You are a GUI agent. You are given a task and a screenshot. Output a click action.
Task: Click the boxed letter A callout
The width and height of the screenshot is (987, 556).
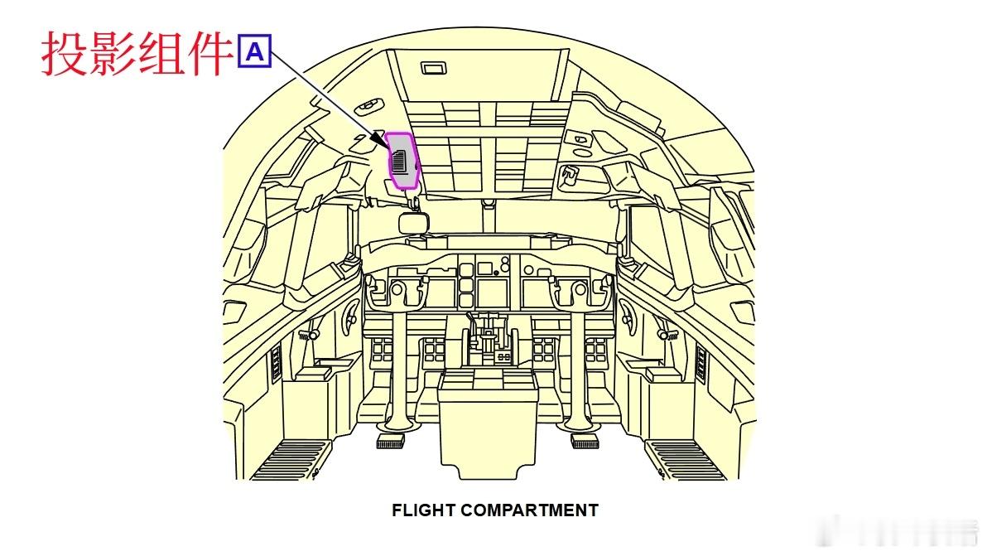coord(255,52)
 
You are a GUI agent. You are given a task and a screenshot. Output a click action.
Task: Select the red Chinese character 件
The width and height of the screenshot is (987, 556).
coord(208,54)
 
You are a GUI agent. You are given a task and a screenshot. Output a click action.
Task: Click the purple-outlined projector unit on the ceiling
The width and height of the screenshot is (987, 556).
coord(402,161)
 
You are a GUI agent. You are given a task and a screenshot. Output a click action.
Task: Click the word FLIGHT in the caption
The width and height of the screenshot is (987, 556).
coord(424,510)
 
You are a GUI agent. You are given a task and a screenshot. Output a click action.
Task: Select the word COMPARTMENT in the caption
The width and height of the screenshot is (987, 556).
coord(529,510)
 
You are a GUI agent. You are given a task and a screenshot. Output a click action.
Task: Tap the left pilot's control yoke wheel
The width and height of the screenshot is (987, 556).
coord(395,290)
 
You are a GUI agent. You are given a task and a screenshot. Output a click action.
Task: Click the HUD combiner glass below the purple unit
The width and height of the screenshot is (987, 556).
coord(412,223)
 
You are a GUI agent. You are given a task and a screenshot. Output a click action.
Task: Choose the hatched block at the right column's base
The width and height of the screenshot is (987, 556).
coord(585,441)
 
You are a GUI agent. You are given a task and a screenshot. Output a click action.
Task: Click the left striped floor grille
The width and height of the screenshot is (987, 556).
coord(294,459)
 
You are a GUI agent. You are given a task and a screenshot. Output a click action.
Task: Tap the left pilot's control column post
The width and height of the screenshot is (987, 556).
coord(396,365)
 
